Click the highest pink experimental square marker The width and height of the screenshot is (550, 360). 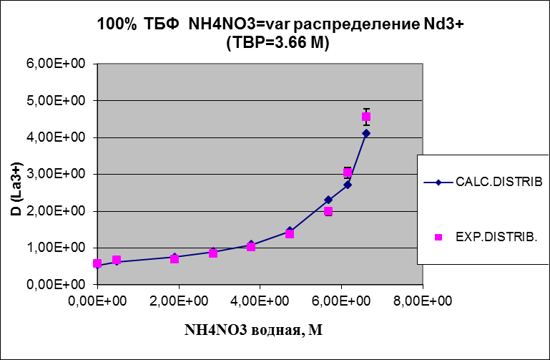coord(366,117)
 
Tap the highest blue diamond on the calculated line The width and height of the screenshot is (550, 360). coord(366,133)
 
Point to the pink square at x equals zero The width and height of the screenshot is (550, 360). coord(97,263)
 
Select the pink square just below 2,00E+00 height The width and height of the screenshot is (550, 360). coord(328,211)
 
